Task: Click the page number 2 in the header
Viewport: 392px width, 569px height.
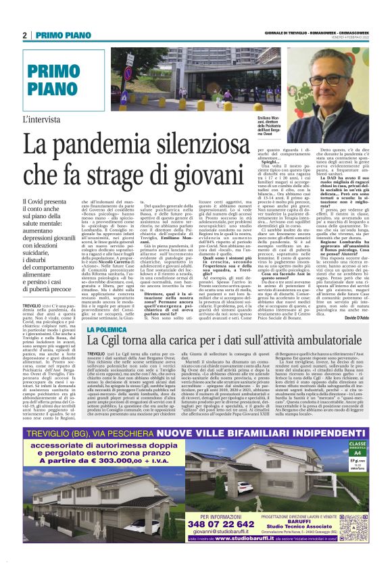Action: (25, 35)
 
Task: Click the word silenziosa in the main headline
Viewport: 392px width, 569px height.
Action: (214, 145)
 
